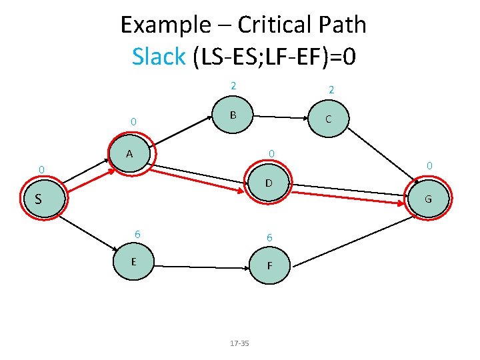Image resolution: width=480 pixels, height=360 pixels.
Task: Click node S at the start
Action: [x=41, y=199]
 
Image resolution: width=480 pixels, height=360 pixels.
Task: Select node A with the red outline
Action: [x=131, y=155]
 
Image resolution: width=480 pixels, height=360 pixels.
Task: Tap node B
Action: [x=233, y=115]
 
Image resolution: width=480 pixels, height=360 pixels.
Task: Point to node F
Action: [x=269, y=265]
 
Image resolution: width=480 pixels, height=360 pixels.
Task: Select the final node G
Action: [x=428, y=199]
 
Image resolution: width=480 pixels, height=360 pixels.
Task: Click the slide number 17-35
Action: [x=239, y=343]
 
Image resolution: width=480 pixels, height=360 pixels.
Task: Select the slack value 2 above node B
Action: [x=233, y=85]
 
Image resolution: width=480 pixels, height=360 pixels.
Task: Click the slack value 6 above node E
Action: [x=137, y=234]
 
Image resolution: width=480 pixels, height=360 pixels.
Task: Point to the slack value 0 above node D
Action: [x=271, y=154]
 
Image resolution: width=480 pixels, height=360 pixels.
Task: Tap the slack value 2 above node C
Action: [x=331, y=89]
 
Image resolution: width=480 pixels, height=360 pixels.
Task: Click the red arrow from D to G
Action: [x=348, y=196]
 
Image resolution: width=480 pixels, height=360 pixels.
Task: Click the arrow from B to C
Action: [x=281, y=117]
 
